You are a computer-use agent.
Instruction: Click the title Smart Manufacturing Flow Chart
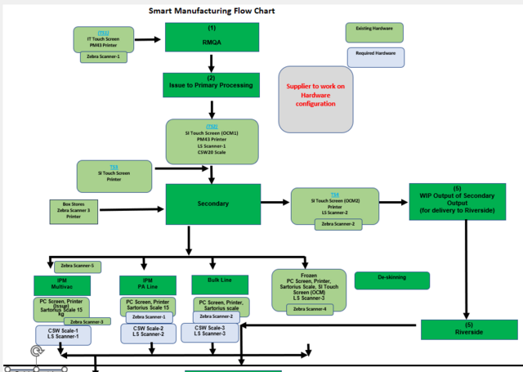(212, 11)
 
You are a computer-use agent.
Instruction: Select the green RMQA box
(212, 37)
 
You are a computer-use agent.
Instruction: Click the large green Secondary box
(212, 204)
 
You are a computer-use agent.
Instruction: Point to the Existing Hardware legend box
(375, 32)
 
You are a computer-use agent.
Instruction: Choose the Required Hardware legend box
(375, 56)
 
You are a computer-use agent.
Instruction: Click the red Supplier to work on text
(315, 95)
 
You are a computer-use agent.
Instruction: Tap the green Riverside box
(469, 329)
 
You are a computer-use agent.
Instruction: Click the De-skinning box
(391, 280)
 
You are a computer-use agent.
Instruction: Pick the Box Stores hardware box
(74, 209)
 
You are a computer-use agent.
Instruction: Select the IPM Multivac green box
(62, 285)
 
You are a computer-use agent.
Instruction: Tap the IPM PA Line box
(148, 285)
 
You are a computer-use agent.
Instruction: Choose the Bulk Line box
(220, 284)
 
